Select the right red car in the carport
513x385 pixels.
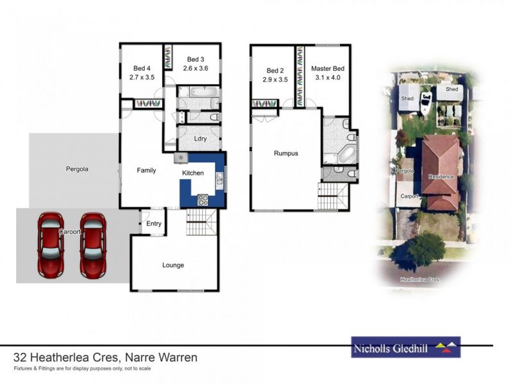92,245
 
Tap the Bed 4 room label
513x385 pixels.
142,69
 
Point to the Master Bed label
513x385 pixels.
328,69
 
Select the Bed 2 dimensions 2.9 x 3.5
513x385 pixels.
274,80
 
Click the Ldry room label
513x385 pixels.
199,138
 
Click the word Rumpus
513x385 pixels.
286,153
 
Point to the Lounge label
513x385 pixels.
173,265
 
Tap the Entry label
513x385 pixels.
154,224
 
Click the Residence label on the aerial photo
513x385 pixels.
441,176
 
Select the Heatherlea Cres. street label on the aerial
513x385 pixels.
421,280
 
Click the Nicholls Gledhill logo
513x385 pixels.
405,347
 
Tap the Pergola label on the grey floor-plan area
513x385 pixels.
77,169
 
